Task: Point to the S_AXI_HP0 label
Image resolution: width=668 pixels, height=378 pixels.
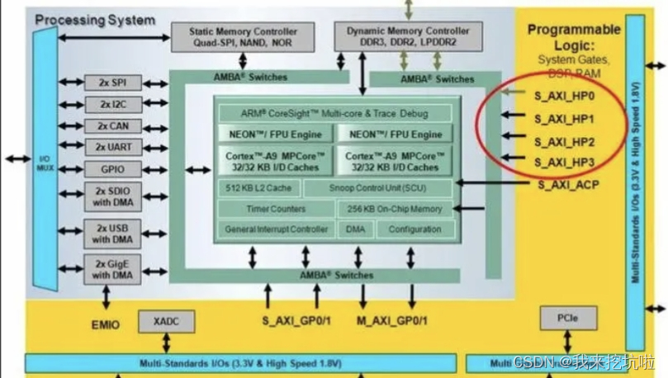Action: tap(565, 96)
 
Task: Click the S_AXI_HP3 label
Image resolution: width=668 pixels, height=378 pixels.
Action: tap(565, 162)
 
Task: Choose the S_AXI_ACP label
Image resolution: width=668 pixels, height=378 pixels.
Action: tap(568, 184)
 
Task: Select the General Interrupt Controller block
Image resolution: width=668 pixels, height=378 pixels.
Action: tap(275, 229)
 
